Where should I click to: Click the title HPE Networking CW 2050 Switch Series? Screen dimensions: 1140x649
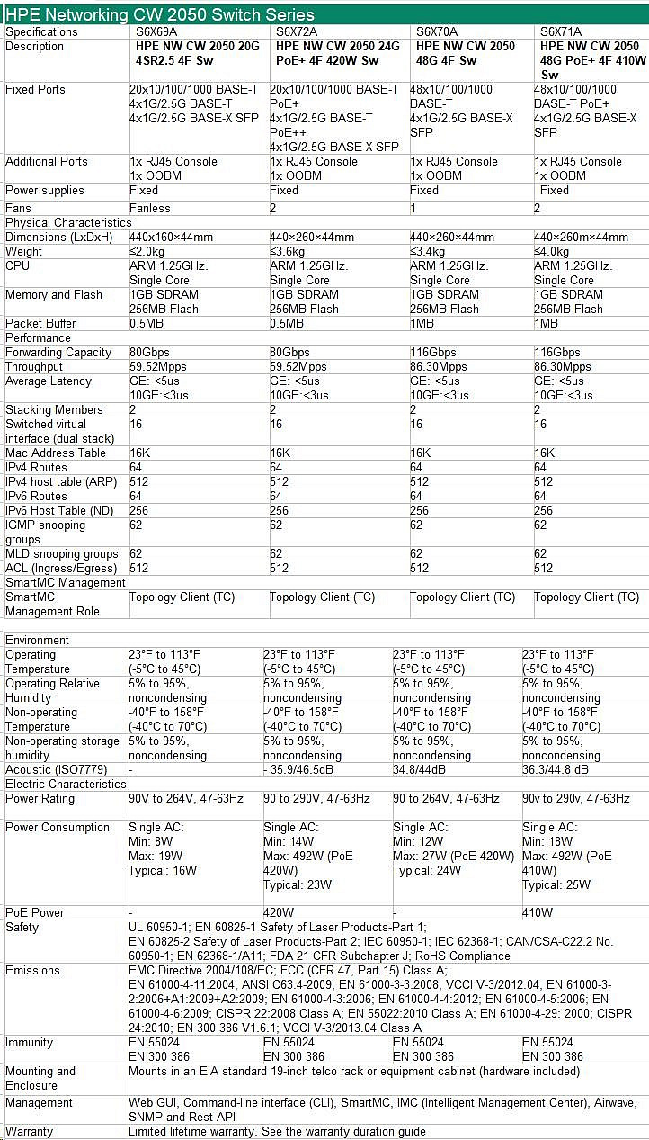[x=161, y=14]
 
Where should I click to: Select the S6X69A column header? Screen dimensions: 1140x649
[x=157, y=31]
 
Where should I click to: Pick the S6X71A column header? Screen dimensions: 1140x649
[x=561, y=31]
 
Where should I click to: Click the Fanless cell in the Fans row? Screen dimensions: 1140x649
[x=150, y=208]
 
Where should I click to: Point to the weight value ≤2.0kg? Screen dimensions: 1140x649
[x=147, y=251]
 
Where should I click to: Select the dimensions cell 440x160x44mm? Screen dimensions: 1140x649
[x=171, y=237]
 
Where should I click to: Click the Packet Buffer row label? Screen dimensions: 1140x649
[x=40, y=323]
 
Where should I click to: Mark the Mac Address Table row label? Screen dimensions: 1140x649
[x=56, y=453]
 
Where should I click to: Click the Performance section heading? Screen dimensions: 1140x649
[x=38, y=337]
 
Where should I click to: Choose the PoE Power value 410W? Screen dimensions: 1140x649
[x=538, y=912]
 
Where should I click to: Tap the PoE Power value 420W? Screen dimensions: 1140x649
[x=279, y=912]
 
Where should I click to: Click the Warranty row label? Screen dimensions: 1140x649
[x=29, y=1131]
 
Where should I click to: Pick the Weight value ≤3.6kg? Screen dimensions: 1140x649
[x=288, y=251]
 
